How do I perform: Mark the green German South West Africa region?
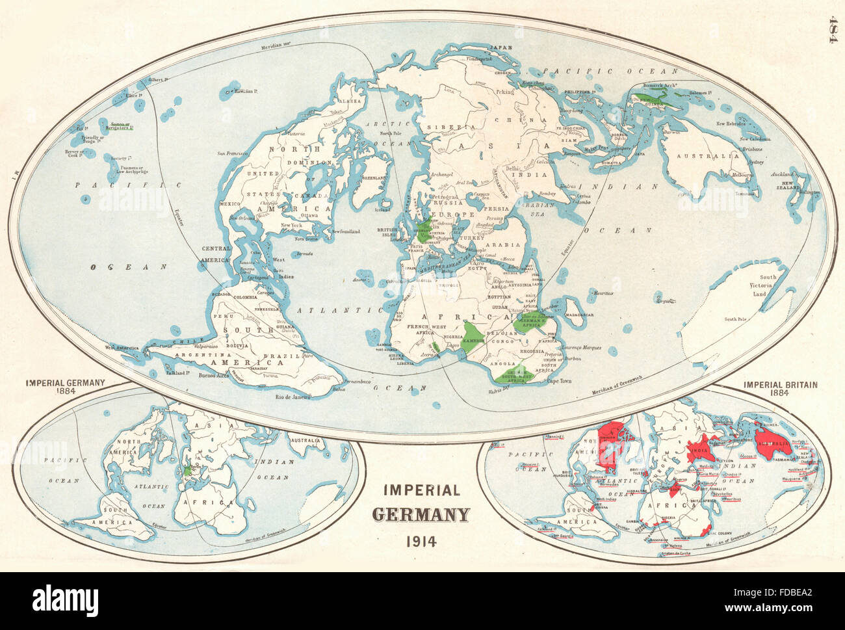point(510,373)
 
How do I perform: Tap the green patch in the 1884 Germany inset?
point(188,469)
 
